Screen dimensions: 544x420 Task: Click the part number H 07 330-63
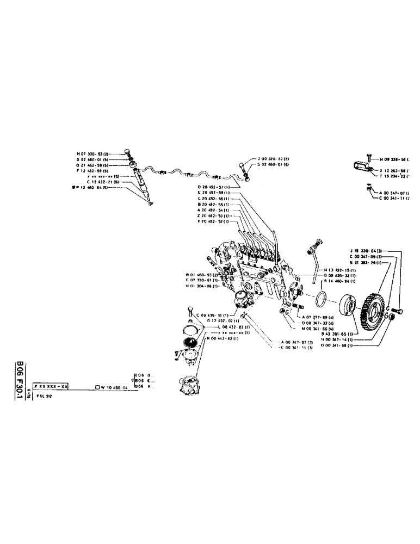tap(92, 153)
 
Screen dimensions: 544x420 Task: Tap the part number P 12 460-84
tap(94, 187)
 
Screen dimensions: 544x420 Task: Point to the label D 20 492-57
tap(214, 187)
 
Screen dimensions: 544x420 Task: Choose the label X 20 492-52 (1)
tap(214, 222)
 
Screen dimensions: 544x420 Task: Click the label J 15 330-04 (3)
tap(366, 250)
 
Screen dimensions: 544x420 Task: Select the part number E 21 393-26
tap(366, 263)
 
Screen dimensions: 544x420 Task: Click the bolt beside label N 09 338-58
tap(368, 157)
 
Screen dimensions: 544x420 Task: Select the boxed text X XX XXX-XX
tap(51, 386)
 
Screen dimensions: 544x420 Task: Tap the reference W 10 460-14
tap(114, 387)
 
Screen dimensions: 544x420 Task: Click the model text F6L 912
tap(43, 397)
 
